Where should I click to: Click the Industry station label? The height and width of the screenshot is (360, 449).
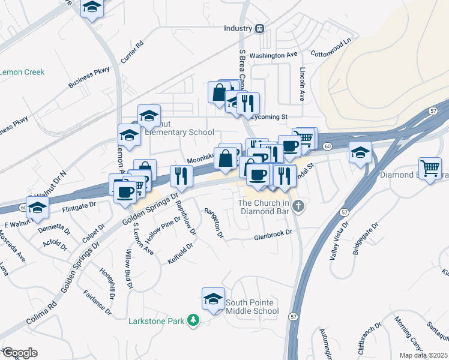click(x=238, y=28)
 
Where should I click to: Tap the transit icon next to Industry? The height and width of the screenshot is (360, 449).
click(x=260, y=28)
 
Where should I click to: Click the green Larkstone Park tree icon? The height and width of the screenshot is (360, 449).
click(x=193, y=322)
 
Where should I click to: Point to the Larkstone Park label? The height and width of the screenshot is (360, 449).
click(x=156, y=321)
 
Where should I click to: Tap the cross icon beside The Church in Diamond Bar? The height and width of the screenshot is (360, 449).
click(x=298, y=208)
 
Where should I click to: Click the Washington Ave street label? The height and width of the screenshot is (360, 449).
click(x=274, y=55)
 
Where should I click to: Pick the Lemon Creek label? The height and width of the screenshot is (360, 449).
click(x=22, y=72)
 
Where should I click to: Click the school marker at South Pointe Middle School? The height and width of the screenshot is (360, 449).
click(x=212, y=299)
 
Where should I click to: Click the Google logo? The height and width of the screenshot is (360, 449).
click(x=20, y=353)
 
